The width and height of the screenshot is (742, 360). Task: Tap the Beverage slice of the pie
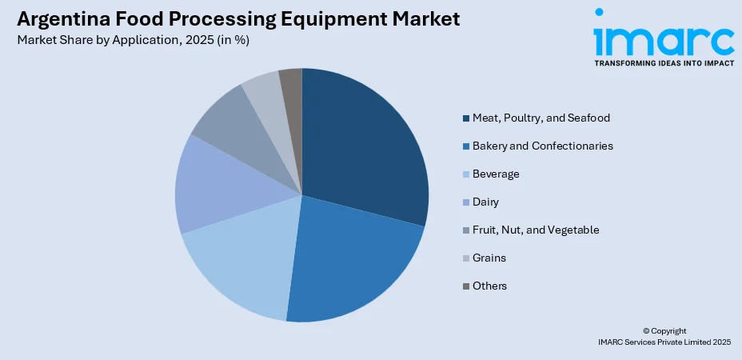tap(240, 264)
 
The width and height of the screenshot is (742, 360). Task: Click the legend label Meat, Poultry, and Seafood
tap(541, 118)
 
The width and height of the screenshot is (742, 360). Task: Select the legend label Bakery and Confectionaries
tap(542, 146)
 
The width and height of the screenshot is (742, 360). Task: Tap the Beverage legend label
tap(495, 174)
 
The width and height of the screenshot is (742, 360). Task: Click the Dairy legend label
tap(485, 202)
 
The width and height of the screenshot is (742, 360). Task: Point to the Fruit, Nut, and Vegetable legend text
tap(535, 230)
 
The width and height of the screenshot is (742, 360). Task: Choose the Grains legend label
tap(489, 258)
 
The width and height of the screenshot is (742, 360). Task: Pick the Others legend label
tap(489, 286)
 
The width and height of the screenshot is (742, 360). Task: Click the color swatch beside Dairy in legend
tap(465, 202)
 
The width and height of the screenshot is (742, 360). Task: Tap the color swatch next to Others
tap(465, 286)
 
